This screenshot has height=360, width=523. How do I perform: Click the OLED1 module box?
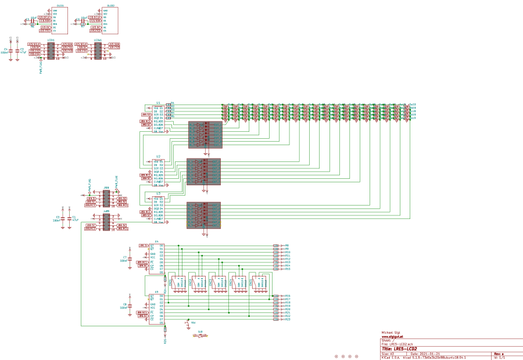tap(60, 20)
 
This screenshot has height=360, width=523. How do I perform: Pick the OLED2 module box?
tap(111, 20)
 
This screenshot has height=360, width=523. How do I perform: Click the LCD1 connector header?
tap(51, 51)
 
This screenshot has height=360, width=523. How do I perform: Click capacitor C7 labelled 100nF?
tap(130, 258)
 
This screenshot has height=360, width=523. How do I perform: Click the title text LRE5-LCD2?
tap(406, 348)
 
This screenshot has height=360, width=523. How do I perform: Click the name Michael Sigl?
tap(391, 333)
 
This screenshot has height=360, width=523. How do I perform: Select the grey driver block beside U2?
tap(203, 172)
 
